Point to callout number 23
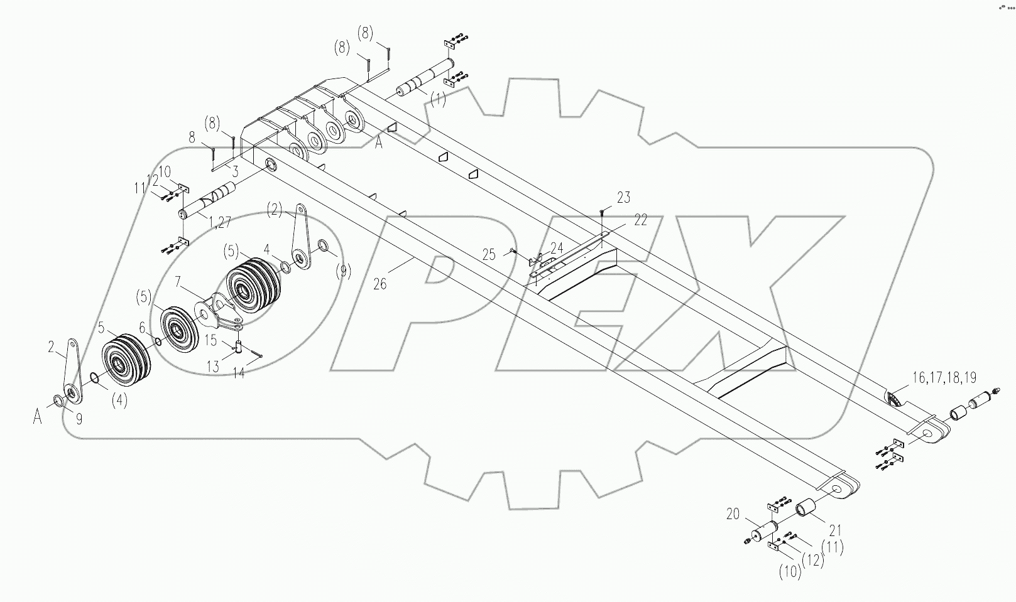pos(623,198)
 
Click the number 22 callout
pos(640,219)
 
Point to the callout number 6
pos(142,328)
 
